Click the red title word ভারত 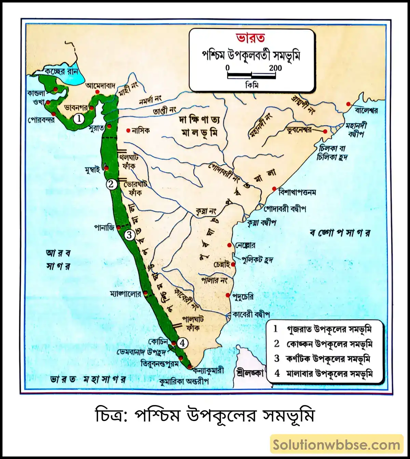[250, 38]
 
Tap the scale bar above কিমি [251, 76]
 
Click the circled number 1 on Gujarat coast [79, 119]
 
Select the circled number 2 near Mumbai [111, 184]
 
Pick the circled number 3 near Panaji [129, 235]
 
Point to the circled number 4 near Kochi [182, 343]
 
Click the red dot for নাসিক [128, 130]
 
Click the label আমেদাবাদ [100, 85]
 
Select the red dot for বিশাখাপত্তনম [274, 189]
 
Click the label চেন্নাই [221, 265]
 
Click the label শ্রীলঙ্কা [250, 373]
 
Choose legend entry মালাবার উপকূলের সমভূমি [329, 374]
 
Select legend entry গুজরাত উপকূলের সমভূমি [329, 329]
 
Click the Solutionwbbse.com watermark [337, 445]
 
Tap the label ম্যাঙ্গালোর [125, 294]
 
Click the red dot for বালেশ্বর [348, 104]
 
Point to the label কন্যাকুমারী [208, 370]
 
